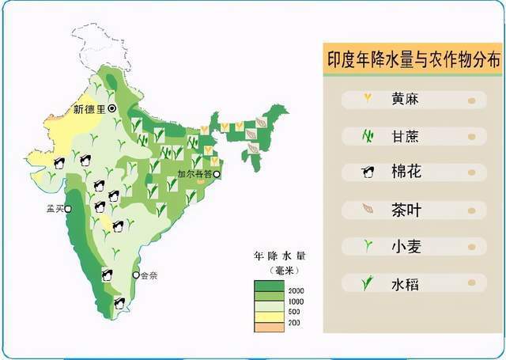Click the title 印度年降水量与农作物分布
[413, 59]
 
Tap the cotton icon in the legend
[368, 172]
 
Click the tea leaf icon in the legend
[368, 210]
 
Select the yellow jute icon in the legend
[368, 100]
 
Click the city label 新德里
[89, 108]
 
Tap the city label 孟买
[55, 209]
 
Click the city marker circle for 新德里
[112, 108]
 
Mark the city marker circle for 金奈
[136, 275]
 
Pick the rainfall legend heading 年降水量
[280, 256]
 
